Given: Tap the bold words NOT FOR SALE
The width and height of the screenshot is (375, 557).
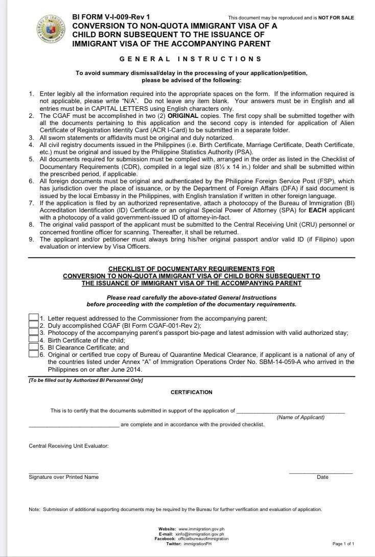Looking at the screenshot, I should click(x=336, y=18).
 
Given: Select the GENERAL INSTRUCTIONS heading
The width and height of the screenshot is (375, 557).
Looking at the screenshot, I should click(x=191, y=59).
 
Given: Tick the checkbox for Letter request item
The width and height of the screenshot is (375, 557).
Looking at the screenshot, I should click(x=34, y=318).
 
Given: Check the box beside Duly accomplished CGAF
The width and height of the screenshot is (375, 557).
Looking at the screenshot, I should click(x=34, y=325).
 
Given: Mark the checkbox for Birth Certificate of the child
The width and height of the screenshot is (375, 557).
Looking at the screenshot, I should click(x=34, y=340).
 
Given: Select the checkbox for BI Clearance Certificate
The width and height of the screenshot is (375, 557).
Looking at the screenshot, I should click(x=34, y=347).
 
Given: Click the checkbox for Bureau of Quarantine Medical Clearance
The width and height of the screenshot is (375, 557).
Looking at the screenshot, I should click(x=34, y=354).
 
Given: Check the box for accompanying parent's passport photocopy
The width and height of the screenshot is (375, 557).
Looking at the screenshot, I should click(x=34, y=332).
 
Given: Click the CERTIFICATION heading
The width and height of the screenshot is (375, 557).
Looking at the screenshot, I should click(x=191, y=392).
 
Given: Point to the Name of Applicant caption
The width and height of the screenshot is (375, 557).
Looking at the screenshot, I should click(x=300, y=417).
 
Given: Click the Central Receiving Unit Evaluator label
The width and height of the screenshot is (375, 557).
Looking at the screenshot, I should click(x=68, y=446).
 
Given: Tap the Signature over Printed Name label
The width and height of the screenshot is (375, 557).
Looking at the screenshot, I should click(x=63, y=477).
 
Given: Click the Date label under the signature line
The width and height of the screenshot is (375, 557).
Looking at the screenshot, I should click(x=322, y=477).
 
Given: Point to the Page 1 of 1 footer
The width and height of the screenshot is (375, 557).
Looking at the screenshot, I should click(x=343, y=544).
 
